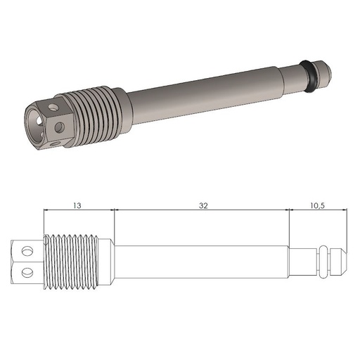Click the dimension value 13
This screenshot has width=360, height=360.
[x=77, y=206]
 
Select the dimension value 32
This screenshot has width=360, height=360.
[x=203, y=206]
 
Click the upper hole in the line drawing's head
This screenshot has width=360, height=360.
[x=27, y=251]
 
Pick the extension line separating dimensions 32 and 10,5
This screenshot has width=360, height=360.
[x=290, y=225]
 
